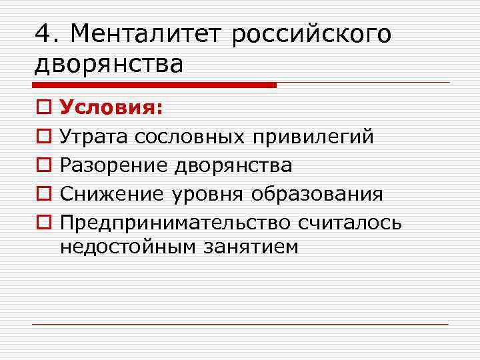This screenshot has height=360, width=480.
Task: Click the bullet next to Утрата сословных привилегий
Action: pos(42,137)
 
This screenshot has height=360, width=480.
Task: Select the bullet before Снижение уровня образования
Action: pos(42,193)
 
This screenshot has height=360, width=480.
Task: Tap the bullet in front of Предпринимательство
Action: pos(42,221)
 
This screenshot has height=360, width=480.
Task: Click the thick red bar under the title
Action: pos(153,85)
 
